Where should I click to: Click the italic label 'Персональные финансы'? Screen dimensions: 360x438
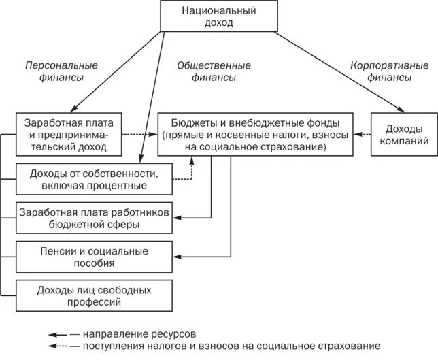pyautogui.click(x=61, y=72)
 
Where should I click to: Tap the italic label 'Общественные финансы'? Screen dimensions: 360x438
pyautogui.click(x=214, y=72)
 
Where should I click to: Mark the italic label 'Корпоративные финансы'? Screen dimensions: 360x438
pyautogui.click(x=390, y=72)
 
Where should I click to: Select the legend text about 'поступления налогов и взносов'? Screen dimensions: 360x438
pyautogui.click(x=231, y=346)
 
